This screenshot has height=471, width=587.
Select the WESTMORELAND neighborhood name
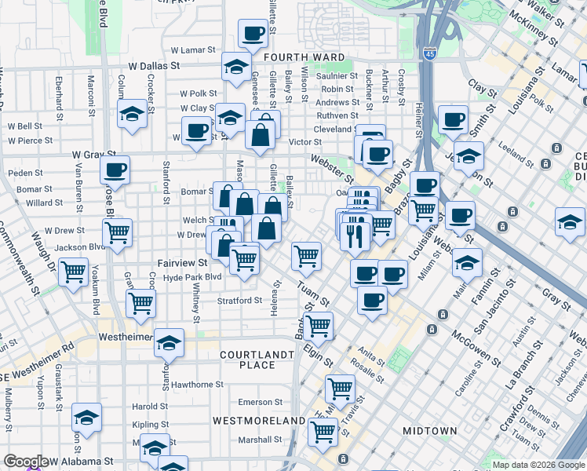pos(262,421)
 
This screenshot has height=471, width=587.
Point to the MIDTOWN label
pos(429,431)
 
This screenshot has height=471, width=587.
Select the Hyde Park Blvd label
pos(192,278)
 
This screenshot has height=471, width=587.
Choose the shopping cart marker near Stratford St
pos(141,302)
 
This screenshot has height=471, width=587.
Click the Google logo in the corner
pos(25,462)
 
